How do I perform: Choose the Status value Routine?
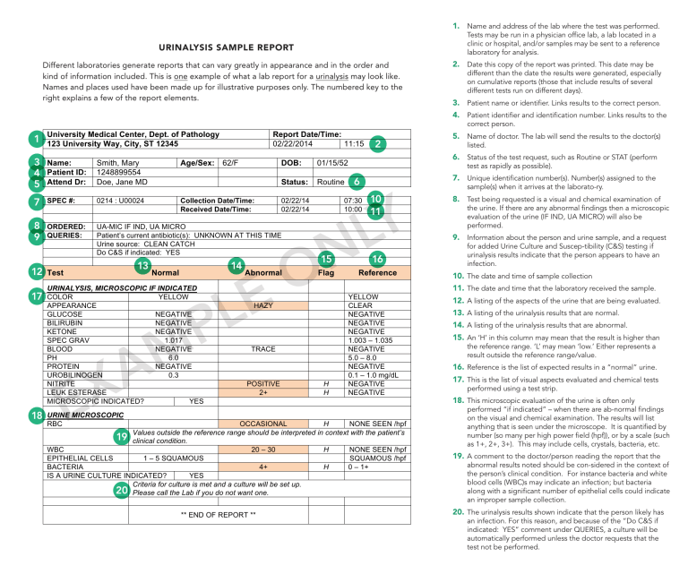[331, 182]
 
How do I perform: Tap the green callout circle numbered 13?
[142, 266]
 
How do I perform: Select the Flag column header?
[326, 272]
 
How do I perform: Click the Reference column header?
[377, 272]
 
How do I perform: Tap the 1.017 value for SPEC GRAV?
[173, 339]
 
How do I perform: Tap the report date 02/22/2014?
[294, 143]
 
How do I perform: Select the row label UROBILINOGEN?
[74, 374]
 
